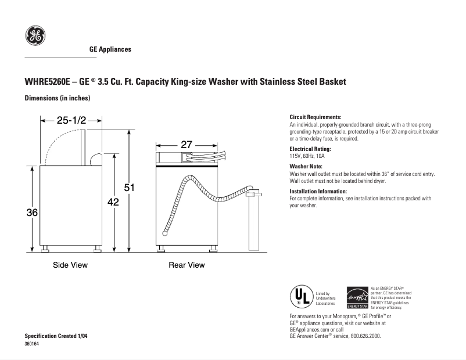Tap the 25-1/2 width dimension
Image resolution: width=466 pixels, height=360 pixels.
[x=71, y=121]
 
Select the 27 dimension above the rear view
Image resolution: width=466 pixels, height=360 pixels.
[x=186, y=144]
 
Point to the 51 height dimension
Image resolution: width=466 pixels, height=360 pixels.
[x=130, y=188]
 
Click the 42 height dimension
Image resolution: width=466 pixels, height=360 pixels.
[x=113, y=202]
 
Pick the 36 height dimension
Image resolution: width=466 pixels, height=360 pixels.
[x=32, y=213]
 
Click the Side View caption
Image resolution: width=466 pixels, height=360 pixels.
[x=70, y=265]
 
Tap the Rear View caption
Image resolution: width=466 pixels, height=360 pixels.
[x=187, y=265]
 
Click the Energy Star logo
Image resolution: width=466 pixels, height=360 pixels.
[x=357, y=298]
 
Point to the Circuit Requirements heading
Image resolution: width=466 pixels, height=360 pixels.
[x=316, y=117]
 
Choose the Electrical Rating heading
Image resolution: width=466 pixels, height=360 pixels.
[x=310, y=149]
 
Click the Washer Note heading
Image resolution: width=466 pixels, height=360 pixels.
[x=306, y=167]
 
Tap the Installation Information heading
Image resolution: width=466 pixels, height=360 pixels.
[x=318, y=191]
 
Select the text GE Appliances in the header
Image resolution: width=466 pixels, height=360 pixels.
[x=110, y=49]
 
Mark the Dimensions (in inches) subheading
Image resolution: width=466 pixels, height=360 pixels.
[x=57, y=98]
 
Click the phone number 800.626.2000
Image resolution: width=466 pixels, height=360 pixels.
[x=363, y=336]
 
